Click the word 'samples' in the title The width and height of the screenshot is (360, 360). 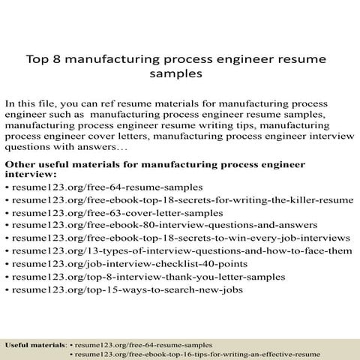click(x=180, y=75)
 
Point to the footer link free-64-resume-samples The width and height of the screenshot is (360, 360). click(x=142, y=343)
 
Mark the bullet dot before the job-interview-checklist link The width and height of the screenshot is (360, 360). click(x=7, y=264)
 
